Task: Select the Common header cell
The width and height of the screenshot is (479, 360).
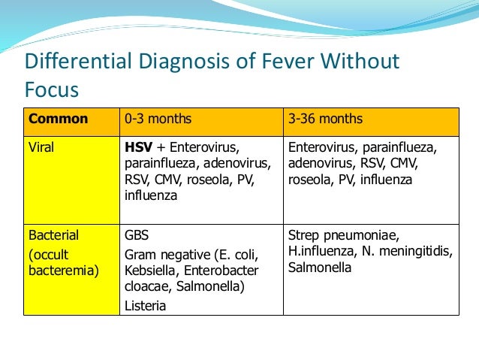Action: [x=58, y=119]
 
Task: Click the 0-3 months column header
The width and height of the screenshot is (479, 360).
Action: [x=158, y=119]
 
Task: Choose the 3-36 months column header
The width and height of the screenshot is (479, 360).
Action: [x=325, y=119]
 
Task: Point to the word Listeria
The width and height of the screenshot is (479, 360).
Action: [x=146, y=306]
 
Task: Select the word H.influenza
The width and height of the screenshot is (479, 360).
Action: [x=322, y=252]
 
